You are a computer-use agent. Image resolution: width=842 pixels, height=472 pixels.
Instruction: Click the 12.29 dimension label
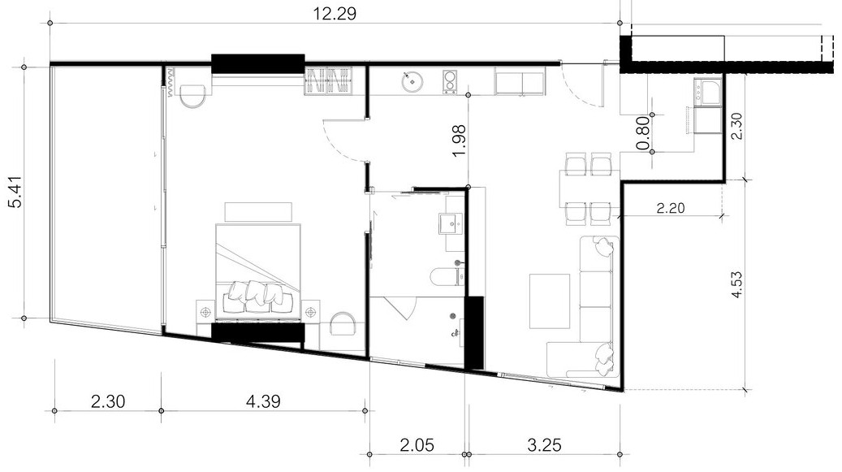(x=335, y=14)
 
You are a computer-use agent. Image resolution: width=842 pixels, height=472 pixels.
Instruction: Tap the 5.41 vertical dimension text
(x=17, y=193)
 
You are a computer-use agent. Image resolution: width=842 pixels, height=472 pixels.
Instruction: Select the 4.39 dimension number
(x=263, y=401)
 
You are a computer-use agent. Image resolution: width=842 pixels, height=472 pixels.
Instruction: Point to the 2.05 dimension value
(x=417, y=444)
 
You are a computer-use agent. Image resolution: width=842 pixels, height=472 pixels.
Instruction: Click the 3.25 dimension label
(x=544, y=444)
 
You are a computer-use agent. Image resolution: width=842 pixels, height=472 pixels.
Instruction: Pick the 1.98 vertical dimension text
(x=459, y=141)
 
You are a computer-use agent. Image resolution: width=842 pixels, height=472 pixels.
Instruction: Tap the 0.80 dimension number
(x=643, y=133)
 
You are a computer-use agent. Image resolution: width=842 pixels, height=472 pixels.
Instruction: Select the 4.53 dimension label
(x=736, y=285)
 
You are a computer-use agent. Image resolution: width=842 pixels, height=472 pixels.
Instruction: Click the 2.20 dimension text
(x=671, y=207)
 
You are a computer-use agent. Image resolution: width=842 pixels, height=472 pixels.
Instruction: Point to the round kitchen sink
(x=412, y=81)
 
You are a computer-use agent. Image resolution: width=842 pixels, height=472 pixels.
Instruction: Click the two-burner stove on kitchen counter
(x=450, y=81)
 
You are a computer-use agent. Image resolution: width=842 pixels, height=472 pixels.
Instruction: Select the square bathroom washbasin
(x=451, y=223)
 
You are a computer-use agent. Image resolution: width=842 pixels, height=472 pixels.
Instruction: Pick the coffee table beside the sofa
(x=550, y=301)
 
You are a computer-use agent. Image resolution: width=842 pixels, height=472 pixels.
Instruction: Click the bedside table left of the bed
(x=205, y=310)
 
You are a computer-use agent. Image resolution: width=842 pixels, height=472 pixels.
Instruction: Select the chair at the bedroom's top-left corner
(x=192, y=96)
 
